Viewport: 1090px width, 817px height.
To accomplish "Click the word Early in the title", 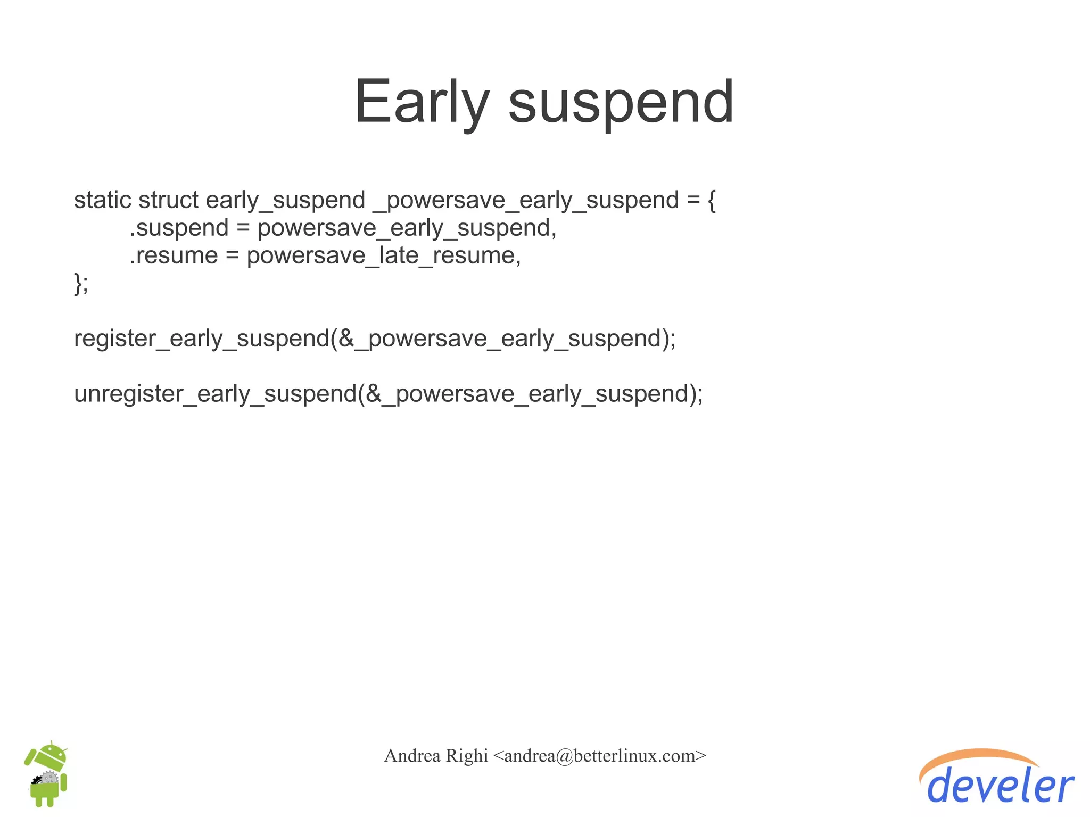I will [420, 102].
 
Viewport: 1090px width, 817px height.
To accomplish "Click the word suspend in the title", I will [621, 102].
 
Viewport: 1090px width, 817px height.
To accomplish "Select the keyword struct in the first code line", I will [168, 201].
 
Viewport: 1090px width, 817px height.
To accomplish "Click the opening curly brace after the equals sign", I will [712, 201].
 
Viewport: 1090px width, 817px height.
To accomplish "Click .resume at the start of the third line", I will [174, 256].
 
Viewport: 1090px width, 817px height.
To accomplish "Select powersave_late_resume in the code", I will [383, 256].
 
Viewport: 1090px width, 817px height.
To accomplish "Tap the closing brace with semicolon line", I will [81, 284].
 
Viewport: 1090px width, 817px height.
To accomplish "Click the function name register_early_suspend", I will [201, 339].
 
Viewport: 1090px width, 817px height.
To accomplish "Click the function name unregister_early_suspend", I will [215, 394].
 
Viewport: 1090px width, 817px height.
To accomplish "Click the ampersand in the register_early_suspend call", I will [346, 339].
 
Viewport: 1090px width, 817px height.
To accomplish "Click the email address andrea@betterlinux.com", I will [599, 756].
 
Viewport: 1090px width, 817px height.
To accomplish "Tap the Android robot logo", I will [47, 774].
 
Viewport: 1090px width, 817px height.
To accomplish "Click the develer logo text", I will [1001, 787].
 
